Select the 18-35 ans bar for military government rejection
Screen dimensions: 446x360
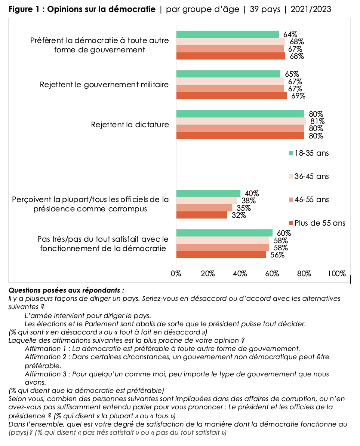coord(228,74)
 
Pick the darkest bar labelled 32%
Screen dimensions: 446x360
coord(201,215)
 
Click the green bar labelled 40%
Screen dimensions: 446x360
coord(208,193)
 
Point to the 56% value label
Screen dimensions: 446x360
coord(277,255)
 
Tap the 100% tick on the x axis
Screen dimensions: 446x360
coord(336,274)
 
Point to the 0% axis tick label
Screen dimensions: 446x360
coord(176,274)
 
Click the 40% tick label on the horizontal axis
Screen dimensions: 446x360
coord(240,274)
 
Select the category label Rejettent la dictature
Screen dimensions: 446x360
coord(130,125)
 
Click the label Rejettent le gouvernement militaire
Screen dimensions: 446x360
coord(104,85)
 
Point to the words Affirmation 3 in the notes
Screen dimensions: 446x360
coord(47,374)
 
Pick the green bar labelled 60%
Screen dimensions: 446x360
coord(224,233)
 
